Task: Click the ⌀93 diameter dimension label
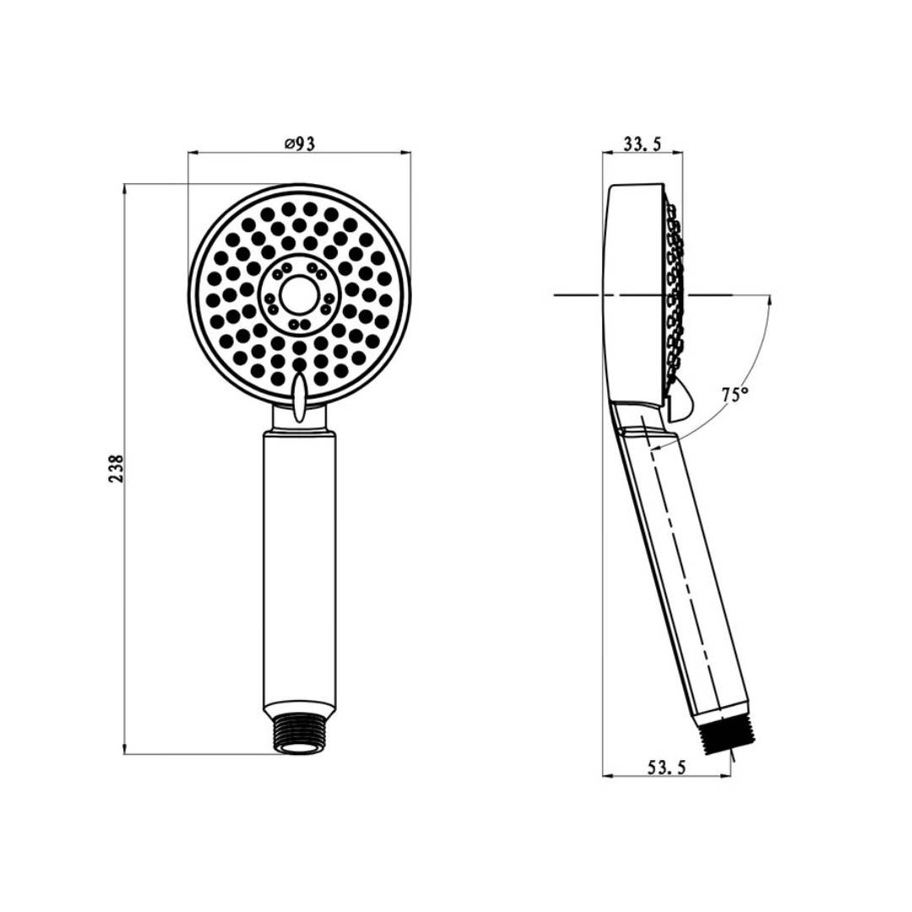pyautogui.click(x=300, y=143)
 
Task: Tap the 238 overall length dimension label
pyautogui.click(x=117, y=468)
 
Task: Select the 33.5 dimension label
pyautogui.click(x=642, y=144)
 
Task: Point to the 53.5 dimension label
pyautogui.click(x=667, y=767)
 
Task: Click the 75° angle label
pyautogui.click(x=735, y=395)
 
